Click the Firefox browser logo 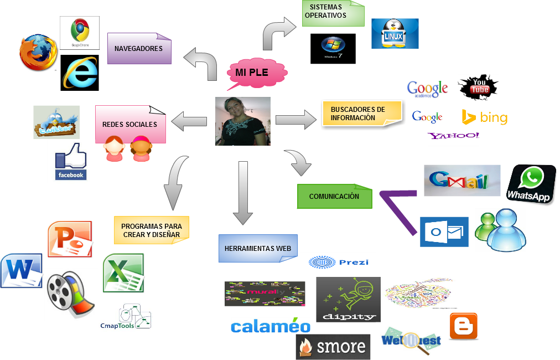(x=38, y=54)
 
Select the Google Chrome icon (x=80, y=32)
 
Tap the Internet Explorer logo (x=80, y=73)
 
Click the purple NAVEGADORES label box (x=139, y=49)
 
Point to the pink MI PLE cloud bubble (x=257, y=73)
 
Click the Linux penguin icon (x=395, y=33)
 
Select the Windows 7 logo (x=333, y=47)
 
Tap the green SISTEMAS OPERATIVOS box (x=333, y=13)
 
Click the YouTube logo (x=478, y=87)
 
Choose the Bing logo (x=485, y=117)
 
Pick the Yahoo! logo (x=453, y=136)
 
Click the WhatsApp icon (x=529, y=185)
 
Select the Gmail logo (x=462, y=181)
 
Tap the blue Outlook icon (x=444, y=232)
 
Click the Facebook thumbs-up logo (x=71, y=161)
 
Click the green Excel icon (x=124, y=273)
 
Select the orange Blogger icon (x=463, y=326)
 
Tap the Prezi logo (x=338, y=263)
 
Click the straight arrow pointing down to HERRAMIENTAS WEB (x=242, y=193)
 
